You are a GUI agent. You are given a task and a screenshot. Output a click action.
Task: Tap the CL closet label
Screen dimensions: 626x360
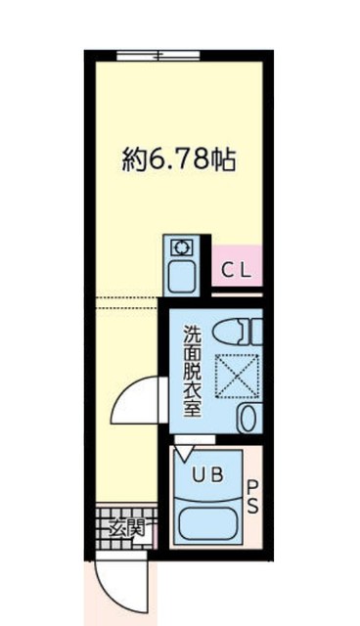click(236, 271)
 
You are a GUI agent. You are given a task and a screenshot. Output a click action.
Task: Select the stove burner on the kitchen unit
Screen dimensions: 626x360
click(182, 247)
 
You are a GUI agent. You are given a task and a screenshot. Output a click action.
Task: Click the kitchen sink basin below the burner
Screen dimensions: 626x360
click(182, 276)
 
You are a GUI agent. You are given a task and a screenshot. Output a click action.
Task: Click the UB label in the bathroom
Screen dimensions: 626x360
click(206, 475)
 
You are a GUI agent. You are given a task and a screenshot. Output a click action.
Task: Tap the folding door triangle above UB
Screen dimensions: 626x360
click(185, 451)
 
